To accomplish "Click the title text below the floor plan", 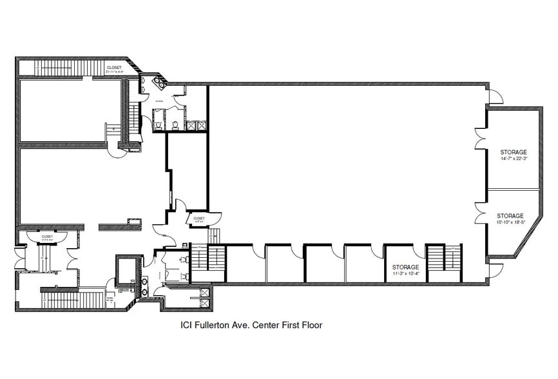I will (x=251, y=326).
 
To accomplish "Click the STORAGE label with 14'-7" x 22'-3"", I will (x=513, y=153).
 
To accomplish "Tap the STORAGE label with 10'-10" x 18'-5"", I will (x=510, y=216).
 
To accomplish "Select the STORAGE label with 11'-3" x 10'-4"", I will (x=406, y=267).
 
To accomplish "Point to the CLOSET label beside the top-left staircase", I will (x=114, y=67).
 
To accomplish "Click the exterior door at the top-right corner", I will (x=495, y=97).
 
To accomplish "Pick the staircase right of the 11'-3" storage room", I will (x=445, y=263).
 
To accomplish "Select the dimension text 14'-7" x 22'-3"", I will (x=513, y=159).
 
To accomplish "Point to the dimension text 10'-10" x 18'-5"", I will (x=510, y=222).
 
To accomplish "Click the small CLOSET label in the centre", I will (x=198, y=219).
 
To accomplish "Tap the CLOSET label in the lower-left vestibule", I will (x=46, y=237).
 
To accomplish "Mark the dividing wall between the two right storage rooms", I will (x=513, y=189).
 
